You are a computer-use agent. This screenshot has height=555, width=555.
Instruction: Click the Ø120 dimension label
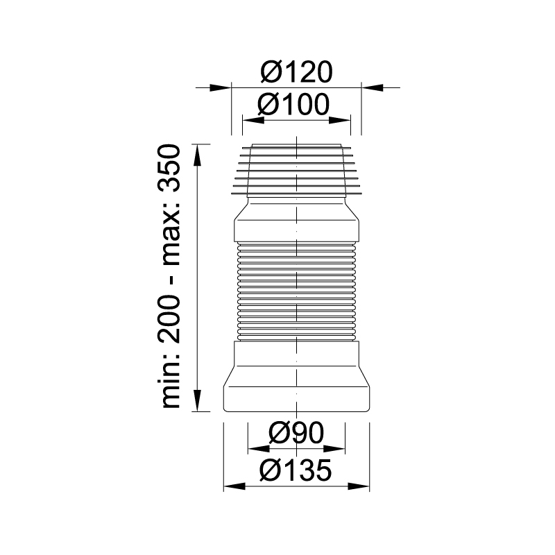point(297,72)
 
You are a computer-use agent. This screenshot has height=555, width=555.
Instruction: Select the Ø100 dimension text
point(293,105)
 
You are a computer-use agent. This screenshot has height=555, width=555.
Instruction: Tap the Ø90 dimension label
point(296,432)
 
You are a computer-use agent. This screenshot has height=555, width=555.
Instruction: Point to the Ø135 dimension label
point(296,470)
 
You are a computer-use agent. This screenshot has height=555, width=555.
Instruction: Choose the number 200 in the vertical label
point(169,319)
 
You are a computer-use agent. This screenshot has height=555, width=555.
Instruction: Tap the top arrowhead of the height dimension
point(197,155)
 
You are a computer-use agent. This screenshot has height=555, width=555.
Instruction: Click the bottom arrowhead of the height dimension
point(197,401)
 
